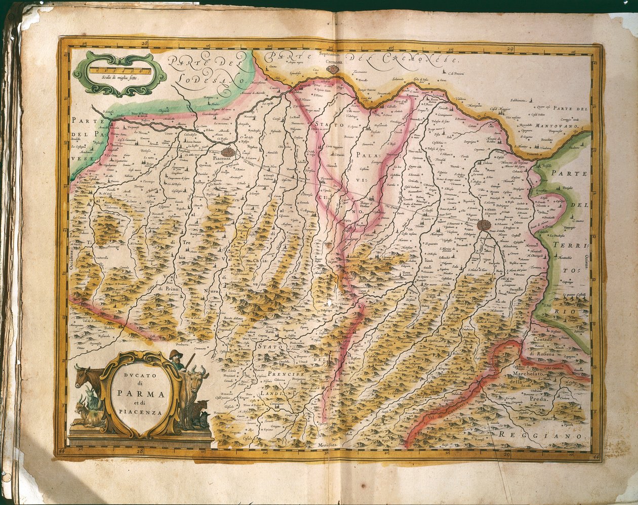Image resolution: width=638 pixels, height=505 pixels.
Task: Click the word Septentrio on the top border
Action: (x=332, y=53)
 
